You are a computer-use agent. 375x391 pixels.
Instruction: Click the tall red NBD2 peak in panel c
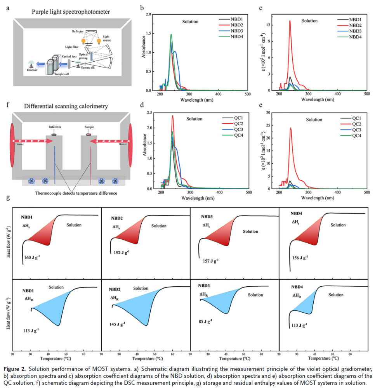[290, 22]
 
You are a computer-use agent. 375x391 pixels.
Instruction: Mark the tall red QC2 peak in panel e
[290, 128]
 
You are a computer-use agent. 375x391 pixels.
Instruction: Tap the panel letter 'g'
[9, 198]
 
